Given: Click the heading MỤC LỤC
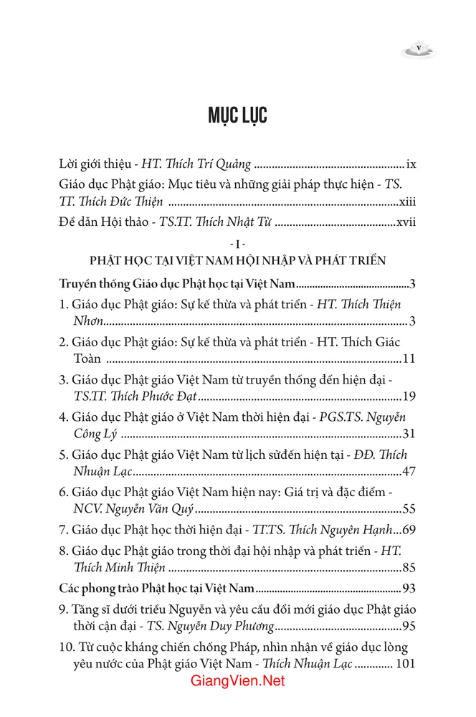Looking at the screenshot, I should pyautogui.click(x=237, y=115).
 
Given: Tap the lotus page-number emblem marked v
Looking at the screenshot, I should pyautogui.click(x=419, y=50).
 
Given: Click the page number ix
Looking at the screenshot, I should pyautogui.click(x=411, y=164).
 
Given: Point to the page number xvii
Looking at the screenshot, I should pyautogui.click(x=406, y=223).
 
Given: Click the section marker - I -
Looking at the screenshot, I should pyautogui.click(x=237, y=244).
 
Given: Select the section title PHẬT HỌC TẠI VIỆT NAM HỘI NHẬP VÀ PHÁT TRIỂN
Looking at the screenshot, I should pyautogui.click(x=237, y=260).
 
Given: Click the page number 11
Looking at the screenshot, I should pyautogui.click(x=410, y=358).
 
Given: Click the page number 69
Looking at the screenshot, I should pyautogui.click(x=410, y=531).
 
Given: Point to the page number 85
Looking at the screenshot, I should pyautogui.click(x=410, y=569).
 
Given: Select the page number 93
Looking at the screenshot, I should pyautogui.click(x=410, y=589).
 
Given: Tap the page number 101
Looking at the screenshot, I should pyautogui.click(x=406, y=664).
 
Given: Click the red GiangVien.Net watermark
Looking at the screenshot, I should pyautogui.click(x=238, y=681).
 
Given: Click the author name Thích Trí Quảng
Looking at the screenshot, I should pyautogui.click(x=209, y=164).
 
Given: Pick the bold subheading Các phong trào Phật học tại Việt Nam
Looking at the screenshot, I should pyautogui.click(x=156, y=589).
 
